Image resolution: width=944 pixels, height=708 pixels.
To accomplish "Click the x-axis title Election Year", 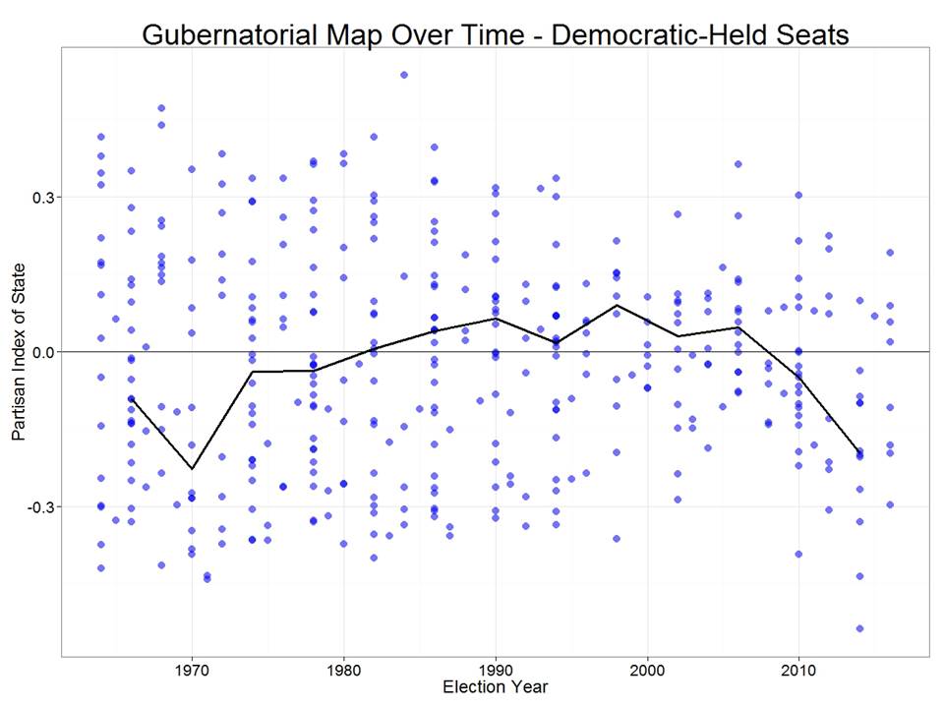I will (496, 686).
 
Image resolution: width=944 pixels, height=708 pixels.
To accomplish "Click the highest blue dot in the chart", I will (404, 75).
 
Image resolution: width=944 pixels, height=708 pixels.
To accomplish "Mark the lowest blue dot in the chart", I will (859, 628).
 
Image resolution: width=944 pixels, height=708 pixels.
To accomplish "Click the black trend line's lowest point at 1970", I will (192, 468).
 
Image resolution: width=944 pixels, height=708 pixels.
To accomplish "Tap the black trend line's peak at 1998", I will (617, 305).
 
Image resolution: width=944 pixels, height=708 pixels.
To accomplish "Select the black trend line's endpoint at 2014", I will (859, 450).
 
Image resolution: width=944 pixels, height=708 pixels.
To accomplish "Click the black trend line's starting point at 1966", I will (131, 398).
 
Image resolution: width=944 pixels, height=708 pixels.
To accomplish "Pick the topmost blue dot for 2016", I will (890, 253).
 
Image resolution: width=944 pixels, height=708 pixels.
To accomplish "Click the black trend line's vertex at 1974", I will (252, 372).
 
